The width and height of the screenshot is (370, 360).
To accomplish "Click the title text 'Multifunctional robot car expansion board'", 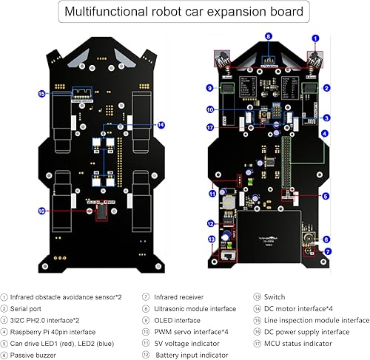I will (x=184, y=12).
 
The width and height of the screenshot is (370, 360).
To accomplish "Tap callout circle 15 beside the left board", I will (x=41, y=94).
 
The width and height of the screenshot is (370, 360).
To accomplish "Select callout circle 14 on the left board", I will (x=161, y=125).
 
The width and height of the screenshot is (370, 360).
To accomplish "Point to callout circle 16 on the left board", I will (x=41, y=211).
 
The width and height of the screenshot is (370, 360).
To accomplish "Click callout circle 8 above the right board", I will (x=268, y=35).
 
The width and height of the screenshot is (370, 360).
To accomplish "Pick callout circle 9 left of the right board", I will (x=210, y=89).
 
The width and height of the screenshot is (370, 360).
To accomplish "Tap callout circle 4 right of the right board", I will (x=326, y=133).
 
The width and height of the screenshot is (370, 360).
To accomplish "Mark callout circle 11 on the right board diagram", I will (x=212, y=194).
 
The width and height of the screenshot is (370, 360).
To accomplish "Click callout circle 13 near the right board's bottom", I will (x=212, y=239).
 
